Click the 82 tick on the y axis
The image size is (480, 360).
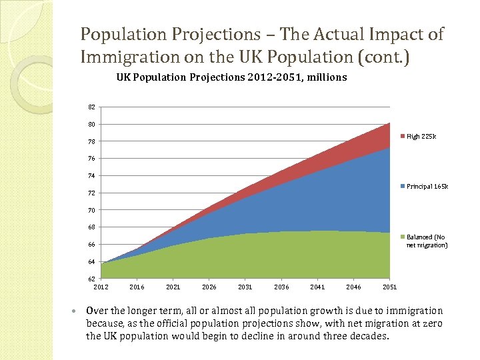click(x=91, y=107)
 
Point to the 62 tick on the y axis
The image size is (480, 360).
click(x=91, y=278)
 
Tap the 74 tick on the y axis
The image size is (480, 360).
click(x=91, y=176)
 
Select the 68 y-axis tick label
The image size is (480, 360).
click(x=91, y=227)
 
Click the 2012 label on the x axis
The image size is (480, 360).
click(x=101, y=287)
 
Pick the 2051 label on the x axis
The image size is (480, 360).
click(x=390, y=287)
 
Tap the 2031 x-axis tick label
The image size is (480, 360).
click(x=245, y=287)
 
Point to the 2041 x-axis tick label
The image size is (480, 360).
click(x=317, y=287)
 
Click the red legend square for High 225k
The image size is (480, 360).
click(x=402, y=137)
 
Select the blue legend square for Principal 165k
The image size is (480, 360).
click(x=402, y=187)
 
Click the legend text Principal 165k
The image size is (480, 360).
click(x=427, y=187)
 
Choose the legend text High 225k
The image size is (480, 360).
click(x=421, y=137)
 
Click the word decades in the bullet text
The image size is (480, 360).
click(x=366, y=335)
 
